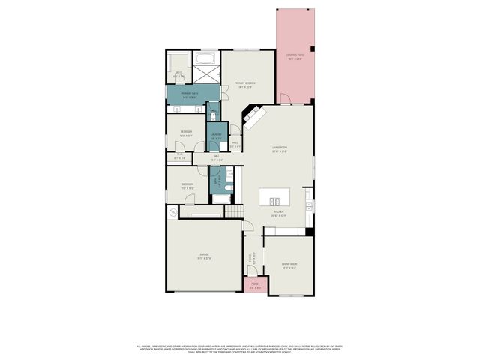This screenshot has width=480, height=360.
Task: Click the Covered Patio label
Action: tap(295, 56)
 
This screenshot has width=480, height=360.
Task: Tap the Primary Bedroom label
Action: tap(245, 84)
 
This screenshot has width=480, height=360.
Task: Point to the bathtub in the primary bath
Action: tap(205, 58)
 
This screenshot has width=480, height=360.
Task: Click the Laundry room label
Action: tap(215, 137)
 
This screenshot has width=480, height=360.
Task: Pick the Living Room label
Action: tap(280, 150)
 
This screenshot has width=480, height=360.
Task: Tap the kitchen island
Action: tap(274, 199)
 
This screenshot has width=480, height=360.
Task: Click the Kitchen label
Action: tap(278, 214)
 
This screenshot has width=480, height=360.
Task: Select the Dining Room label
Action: tap(289, 265)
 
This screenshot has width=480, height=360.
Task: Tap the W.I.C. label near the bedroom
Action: tap(179, 157)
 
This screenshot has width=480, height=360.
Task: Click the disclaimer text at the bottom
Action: tap(240, 349)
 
